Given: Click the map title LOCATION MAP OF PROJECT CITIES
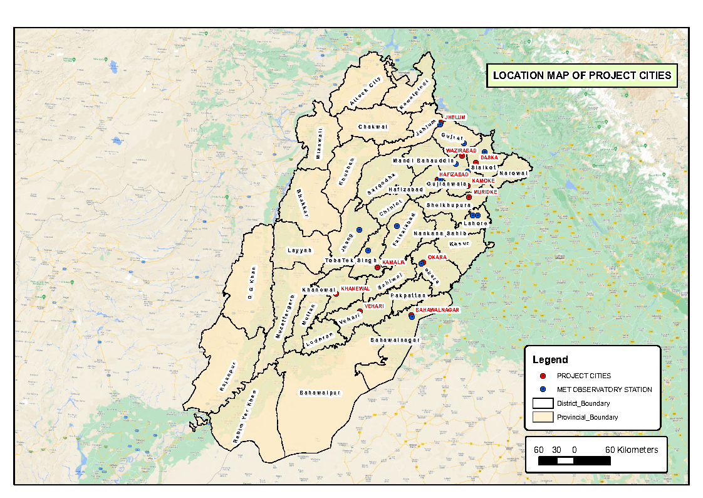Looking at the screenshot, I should click(x=581, y=75).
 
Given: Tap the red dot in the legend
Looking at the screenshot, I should click(x=543, y=376).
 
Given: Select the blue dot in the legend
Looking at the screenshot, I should click(x=543, y=389).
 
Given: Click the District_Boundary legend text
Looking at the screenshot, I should click(x=583, y=403).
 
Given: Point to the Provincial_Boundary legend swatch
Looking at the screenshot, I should click(x=543, y=417).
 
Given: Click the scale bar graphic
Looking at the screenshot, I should click(x=575, y=460).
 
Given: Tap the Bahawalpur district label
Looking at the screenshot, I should click(x=320, y=393).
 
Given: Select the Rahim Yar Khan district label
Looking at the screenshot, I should click(x=245, y=416).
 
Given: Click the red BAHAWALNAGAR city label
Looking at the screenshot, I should click(x=438, y=310).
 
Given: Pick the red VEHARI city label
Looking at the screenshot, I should click(x=373, y=306).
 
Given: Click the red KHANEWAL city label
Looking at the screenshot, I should click(x=355, y=288).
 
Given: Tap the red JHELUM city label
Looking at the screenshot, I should click(x=456, y=117).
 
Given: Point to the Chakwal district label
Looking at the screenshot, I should click(x=373, y=127).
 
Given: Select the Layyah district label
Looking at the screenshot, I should click(x=299, y=250).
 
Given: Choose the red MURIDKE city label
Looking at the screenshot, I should click(x=485, y=192).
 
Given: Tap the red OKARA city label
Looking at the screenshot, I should click(x=437, y=257).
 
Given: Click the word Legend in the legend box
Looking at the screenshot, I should click(x=550, y=360).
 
